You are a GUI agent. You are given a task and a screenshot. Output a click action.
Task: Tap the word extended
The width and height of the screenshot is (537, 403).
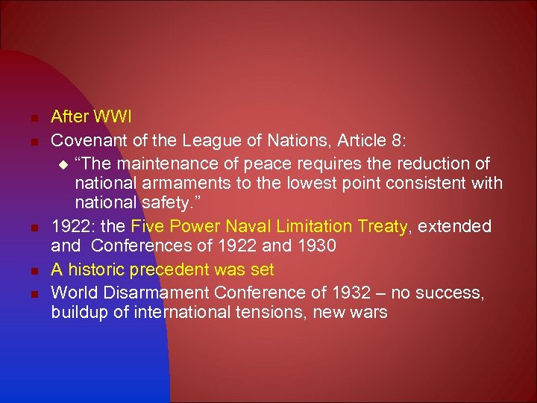454,225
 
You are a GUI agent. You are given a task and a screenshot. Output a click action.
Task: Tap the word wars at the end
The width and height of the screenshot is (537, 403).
370,312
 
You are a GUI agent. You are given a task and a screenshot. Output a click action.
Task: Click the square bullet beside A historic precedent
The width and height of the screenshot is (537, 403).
35,270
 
